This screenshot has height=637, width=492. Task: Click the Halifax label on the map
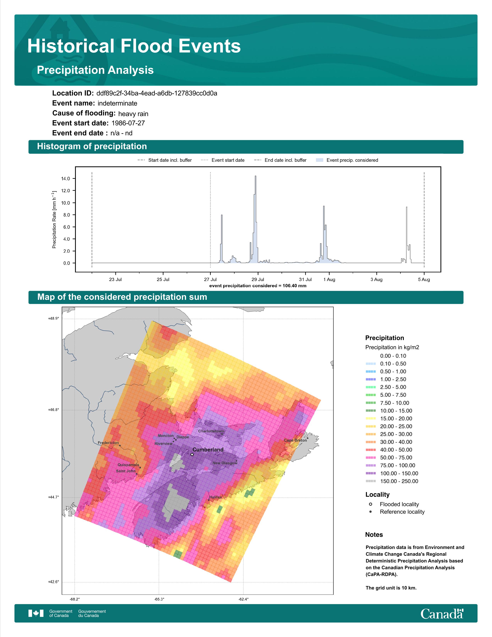215,497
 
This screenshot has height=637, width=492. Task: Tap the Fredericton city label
108,443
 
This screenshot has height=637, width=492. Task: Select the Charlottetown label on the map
211,431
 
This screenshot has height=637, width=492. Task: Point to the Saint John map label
126,471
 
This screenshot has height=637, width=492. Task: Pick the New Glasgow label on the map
225,463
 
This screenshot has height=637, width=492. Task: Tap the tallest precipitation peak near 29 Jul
256,176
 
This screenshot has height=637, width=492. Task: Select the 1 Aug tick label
329,280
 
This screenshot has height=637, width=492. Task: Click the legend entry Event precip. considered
352,160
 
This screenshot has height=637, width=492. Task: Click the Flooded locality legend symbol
370,504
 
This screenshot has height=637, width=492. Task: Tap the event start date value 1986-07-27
128,123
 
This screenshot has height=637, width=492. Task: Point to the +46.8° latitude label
53,410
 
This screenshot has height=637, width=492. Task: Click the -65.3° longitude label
159,599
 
